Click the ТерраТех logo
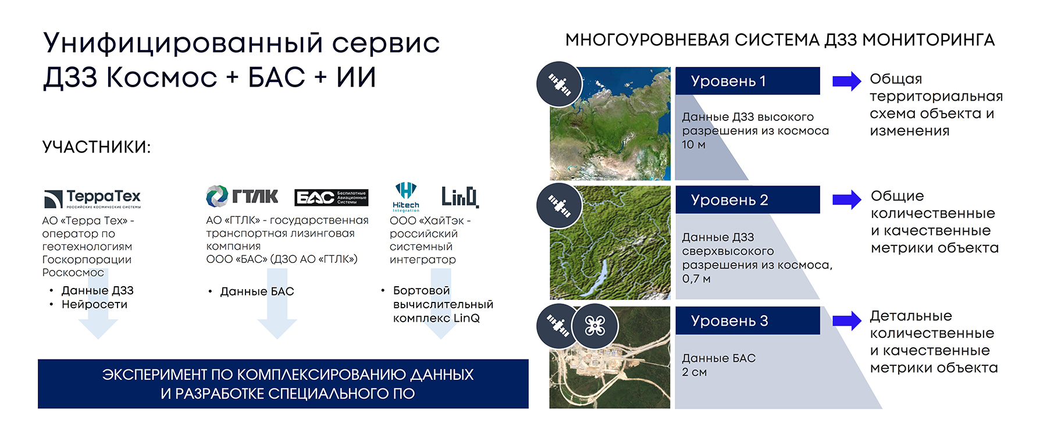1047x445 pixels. coord(92,198)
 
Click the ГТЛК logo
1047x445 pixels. coord(242,196)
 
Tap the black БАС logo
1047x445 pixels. coord(332,198)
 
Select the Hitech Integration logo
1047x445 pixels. coord(405,197)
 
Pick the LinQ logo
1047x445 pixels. coord(460,197)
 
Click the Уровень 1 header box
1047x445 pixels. coord(747,81)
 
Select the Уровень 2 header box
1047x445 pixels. coord(747,200)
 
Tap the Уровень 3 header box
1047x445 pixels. coord(747,321)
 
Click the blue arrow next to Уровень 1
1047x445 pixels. coord(847,81)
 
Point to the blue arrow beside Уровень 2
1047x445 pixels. coord(847,200)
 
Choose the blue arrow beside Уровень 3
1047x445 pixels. coord(847,321)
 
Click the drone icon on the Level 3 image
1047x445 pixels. coord(594,326)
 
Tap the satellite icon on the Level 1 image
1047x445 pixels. coord(559,84)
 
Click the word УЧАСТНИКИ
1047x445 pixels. coord(96,147)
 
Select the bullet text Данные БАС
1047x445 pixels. coord(257,291)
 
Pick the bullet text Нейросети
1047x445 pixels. coord(94,304)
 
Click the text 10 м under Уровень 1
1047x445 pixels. coord(693,145)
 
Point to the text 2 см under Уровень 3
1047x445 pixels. coord(695,372)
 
